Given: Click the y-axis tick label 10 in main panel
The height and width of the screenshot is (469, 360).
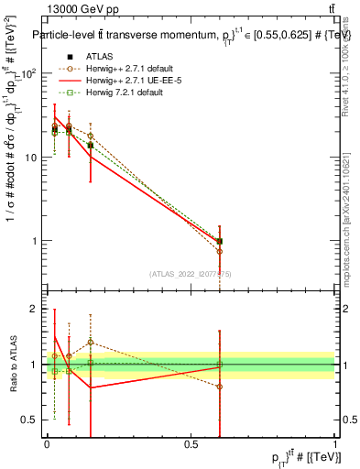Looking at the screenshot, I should (x=32, y=158).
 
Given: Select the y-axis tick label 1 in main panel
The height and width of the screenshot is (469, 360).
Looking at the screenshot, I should (x=37, y=241).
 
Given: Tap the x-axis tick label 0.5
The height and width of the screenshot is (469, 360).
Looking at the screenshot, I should (x=191, y=443).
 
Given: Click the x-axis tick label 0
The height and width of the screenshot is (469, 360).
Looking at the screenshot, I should (x=46, y=443).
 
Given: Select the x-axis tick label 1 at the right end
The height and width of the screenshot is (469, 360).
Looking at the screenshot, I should (x=335, y=443).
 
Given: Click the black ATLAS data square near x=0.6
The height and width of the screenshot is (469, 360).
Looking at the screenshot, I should (x=220, y=241).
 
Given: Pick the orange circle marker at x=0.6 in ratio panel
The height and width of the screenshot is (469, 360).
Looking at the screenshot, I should (x=220, y=387).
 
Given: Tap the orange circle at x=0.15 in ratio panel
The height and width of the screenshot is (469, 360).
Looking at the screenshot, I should (x=90, y=343).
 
